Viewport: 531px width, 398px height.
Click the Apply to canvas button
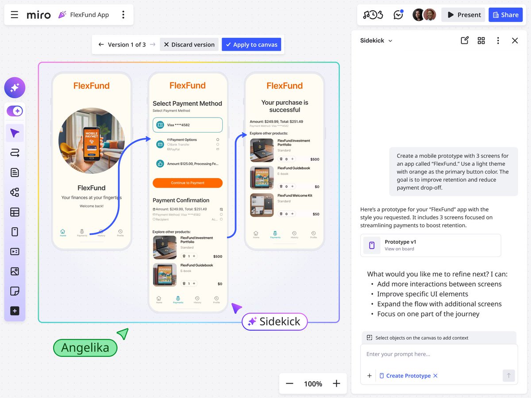251,44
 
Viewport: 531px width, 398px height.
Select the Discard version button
189,44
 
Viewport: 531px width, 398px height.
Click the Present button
463,15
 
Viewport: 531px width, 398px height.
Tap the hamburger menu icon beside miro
15,15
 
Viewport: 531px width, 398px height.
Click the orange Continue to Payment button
188,183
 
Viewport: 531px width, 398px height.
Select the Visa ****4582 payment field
188,125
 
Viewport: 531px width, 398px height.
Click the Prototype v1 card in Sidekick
431,245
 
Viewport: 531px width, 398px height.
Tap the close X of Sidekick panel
515,41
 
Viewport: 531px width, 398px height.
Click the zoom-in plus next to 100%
336,383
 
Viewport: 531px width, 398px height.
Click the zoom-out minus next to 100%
290,383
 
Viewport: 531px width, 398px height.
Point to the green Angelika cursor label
85,348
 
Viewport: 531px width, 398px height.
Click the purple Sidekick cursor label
275,321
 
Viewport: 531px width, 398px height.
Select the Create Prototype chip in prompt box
408,375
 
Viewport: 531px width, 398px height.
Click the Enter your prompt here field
438,354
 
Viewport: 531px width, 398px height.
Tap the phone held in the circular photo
91,144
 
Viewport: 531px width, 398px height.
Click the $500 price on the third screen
315,159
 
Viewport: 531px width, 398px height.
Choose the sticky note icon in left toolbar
15,291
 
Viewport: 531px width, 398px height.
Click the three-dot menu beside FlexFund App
123,15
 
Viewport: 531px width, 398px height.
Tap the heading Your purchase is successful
285,106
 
